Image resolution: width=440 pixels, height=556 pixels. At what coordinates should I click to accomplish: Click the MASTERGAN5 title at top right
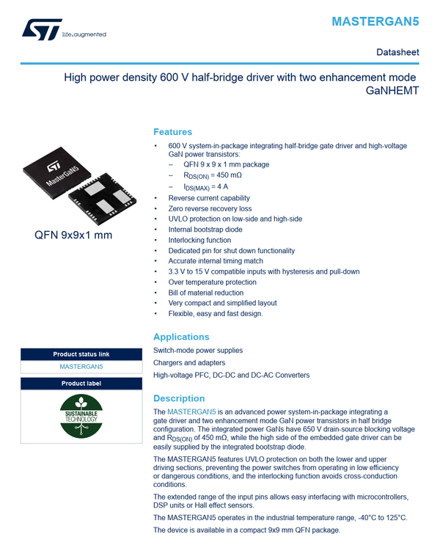375,21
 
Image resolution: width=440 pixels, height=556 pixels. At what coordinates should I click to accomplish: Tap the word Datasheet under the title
397,53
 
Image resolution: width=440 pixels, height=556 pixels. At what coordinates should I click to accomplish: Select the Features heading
172,132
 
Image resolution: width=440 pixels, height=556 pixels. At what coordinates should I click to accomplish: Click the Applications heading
181,337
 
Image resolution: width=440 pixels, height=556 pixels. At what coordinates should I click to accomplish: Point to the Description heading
180,398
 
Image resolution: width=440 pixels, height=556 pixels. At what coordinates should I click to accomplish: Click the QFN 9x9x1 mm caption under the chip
73,235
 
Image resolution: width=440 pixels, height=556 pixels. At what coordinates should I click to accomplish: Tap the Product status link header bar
81,354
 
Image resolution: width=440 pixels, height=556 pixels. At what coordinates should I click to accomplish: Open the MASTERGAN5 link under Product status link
81,366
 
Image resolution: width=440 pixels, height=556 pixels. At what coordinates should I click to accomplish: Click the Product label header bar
81,384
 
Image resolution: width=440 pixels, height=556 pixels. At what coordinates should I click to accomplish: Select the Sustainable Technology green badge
81,416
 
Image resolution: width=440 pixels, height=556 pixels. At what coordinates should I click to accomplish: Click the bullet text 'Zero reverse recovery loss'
210,208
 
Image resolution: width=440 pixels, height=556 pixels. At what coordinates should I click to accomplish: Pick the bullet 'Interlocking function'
199,240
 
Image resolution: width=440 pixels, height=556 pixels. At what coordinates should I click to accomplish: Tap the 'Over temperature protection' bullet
212,282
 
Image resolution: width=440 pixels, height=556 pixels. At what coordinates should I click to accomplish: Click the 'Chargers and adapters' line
189,363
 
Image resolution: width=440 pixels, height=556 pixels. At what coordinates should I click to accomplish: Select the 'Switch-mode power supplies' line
198,351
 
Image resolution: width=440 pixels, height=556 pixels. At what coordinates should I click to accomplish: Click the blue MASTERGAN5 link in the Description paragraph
190,411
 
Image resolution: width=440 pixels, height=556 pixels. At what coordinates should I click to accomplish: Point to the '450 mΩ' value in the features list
227,175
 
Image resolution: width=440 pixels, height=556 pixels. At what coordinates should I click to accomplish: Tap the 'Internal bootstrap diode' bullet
205,230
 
